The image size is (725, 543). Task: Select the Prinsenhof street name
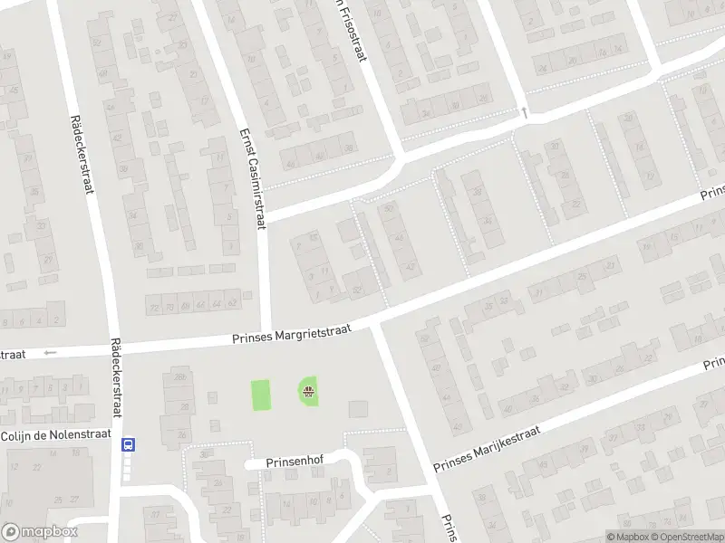[x=295, y=462]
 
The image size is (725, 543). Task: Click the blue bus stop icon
[x=128, y=444]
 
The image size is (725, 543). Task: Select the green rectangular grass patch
[x=261, y=395]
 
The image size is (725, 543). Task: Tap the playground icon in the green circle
[x=309, y=392]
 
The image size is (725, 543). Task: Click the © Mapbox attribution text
[x=624, y=537]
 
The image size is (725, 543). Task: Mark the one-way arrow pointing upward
[x=524, y=112]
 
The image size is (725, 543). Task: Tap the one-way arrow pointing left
[x=50, y=352]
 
